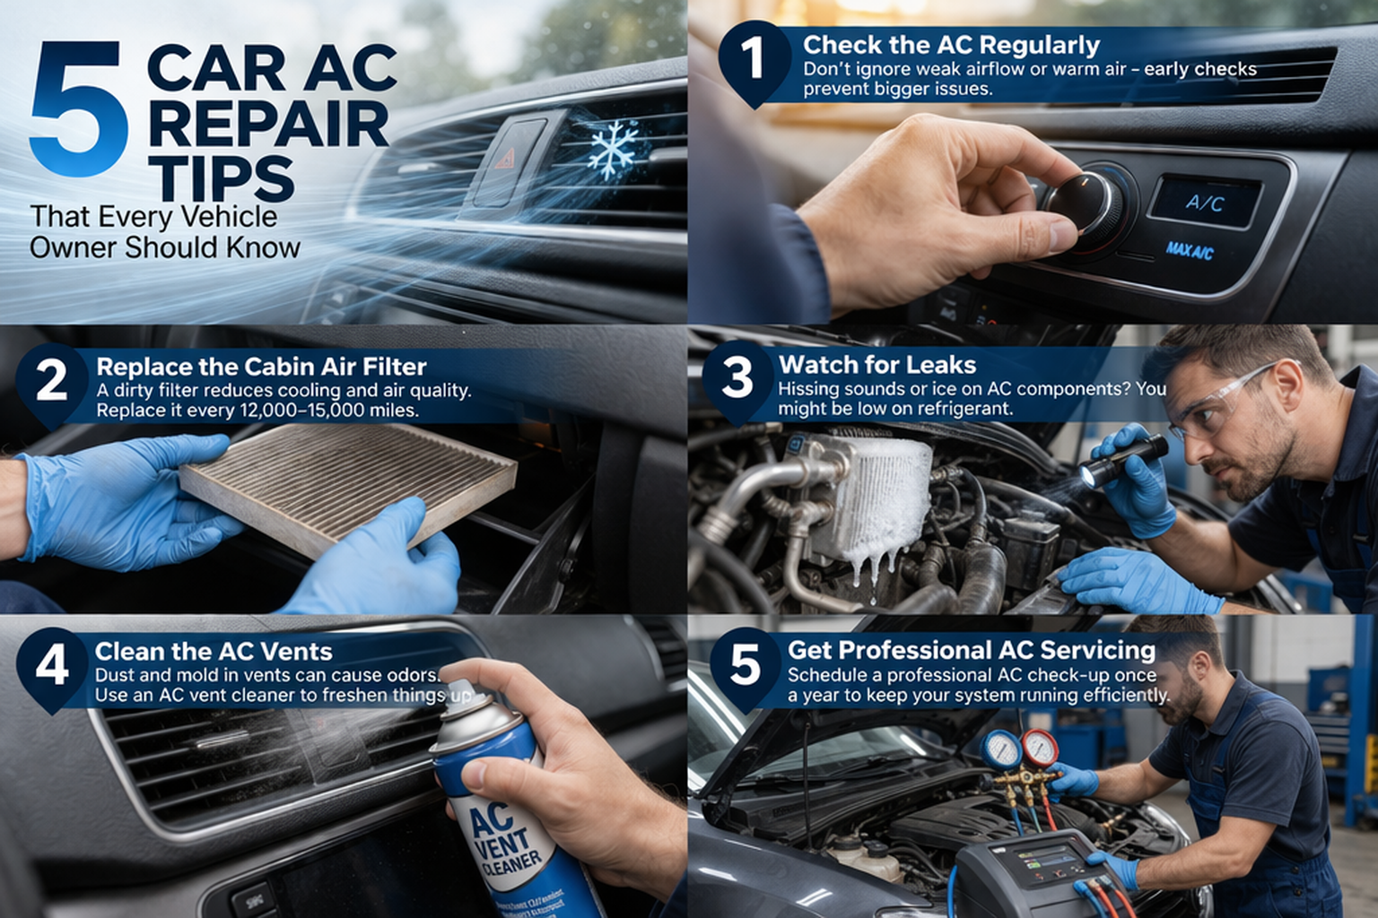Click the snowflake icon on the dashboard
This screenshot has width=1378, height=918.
614,150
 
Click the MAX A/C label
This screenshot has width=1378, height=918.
1190,250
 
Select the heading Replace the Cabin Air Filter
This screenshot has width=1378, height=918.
261,367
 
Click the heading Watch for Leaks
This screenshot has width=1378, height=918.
877,365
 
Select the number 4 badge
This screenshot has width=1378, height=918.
52,665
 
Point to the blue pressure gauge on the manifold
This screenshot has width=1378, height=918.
999,749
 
